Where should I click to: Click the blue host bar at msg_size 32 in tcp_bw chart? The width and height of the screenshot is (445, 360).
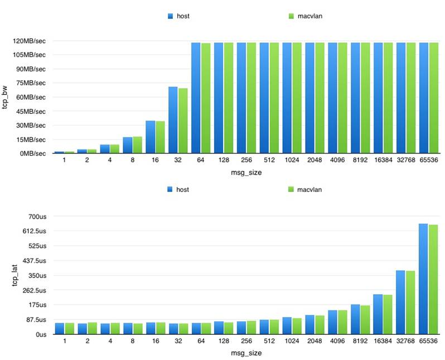[x=173, y=120]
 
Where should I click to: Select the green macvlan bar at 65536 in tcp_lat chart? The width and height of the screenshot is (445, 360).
[x=433, y=279]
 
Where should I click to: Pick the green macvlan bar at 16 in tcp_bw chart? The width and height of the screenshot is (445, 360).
[x=160, y=137]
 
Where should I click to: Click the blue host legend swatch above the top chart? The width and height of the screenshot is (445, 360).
[x=170, y=16]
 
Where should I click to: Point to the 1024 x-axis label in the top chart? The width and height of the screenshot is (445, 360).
[x=292, y=161]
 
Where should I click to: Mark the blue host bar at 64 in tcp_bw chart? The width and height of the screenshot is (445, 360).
[x=196, y=98]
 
